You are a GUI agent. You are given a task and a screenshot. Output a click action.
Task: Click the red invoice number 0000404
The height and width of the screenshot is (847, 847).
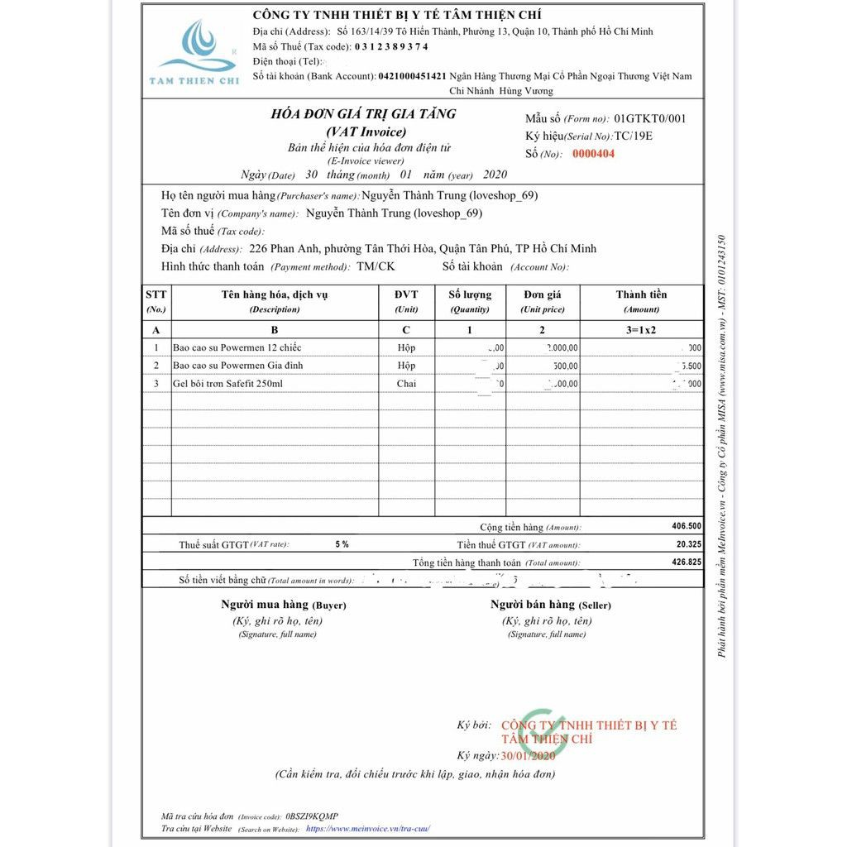click(594, 154)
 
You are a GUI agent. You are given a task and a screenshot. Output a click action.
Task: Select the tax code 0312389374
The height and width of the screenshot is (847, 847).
click(391, 46)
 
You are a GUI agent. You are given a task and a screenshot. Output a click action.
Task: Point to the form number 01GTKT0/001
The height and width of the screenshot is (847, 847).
click(650, 118)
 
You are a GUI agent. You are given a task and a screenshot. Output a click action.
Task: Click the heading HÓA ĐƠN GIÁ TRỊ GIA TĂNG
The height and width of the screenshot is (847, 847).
click(363, 114)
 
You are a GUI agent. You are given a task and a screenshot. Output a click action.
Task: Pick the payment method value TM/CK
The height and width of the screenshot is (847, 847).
click(376, 266)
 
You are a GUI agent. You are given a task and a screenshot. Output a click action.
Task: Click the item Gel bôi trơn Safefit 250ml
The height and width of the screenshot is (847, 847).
click(227, 384)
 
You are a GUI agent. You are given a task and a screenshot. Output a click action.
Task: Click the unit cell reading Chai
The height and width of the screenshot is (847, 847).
click(406, 384)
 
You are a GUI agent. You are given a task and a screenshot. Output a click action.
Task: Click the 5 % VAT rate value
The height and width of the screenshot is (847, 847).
click(342, 544)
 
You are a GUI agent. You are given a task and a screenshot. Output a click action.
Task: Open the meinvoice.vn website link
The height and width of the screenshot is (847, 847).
click(368, 828)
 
